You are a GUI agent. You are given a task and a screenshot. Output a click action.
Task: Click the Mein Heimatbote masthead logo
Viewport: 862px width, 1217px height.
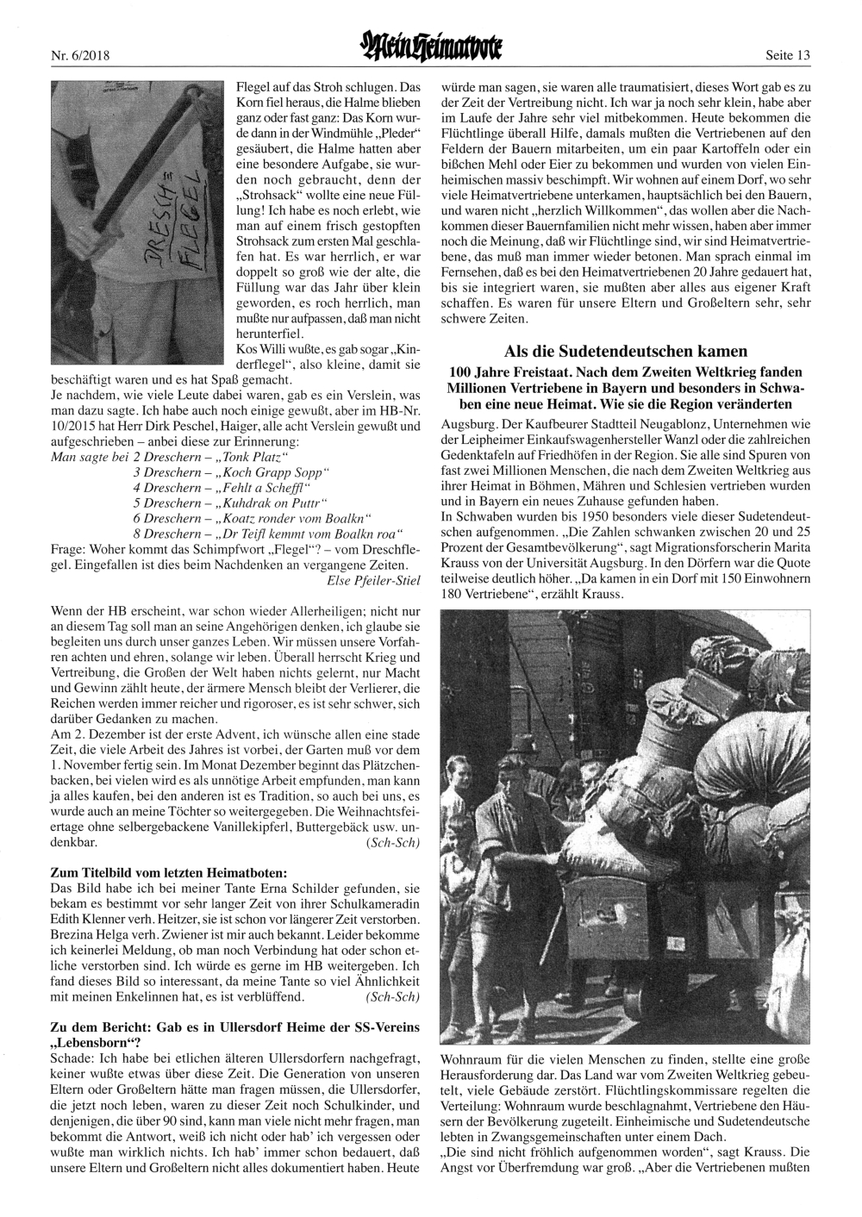431,53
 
